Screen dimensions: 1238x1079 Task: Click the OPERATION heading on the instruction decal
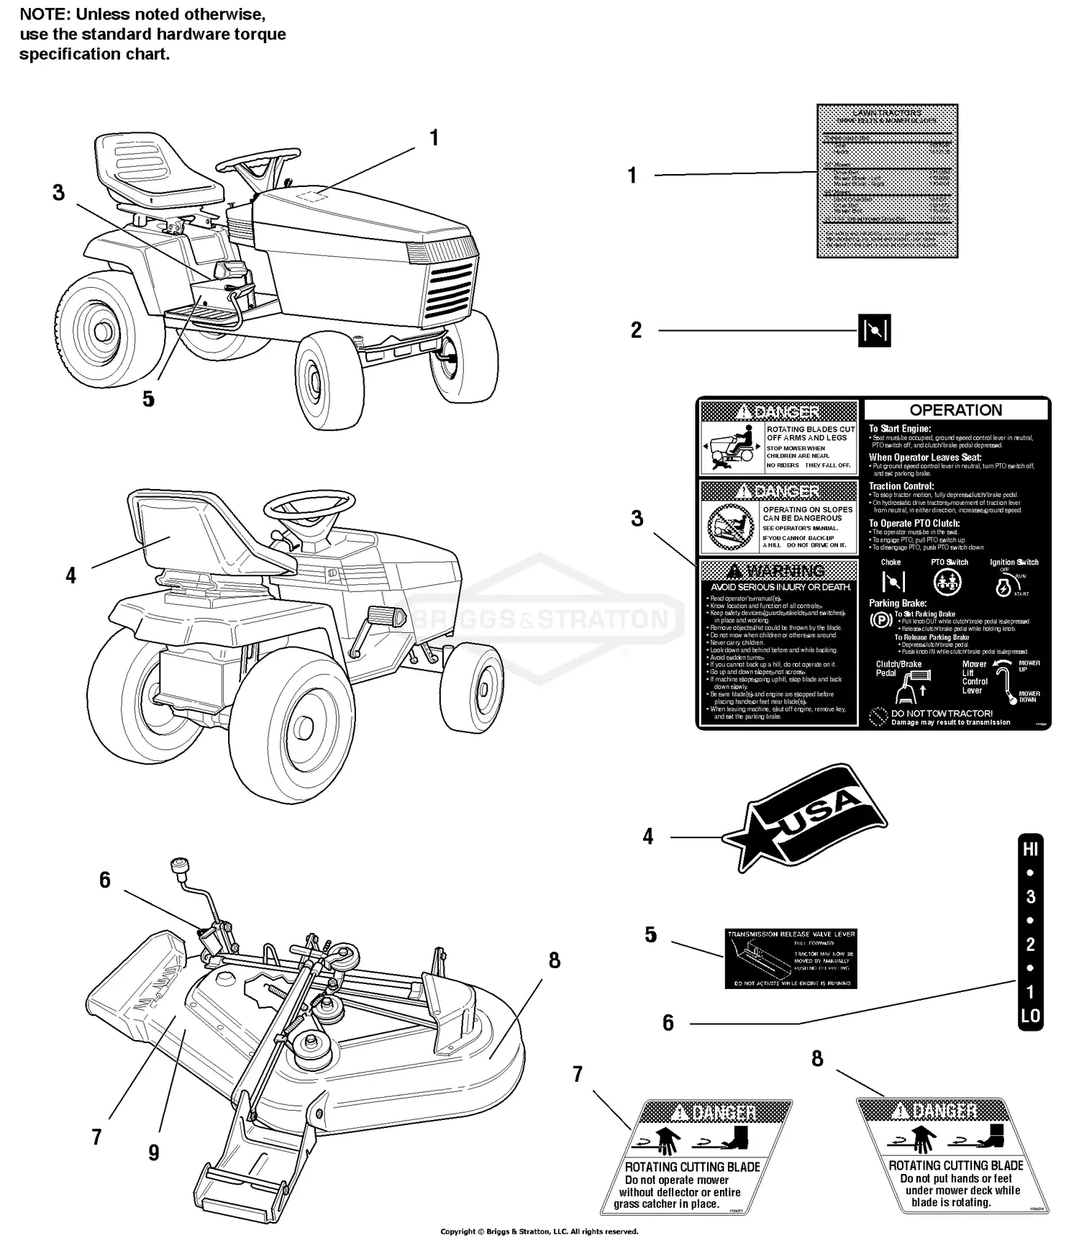pyautogui.click(x=955, y=410)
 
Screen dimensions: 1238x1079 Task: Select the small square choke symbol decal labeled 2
pyautogui.click(x=875, y=331)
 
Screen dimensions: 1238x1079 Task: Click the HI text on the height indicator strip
pyautogui.click(x=1030, y=849)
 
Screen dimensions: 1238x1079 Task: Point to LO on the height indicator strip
pyautogui.click(x=1030, y=1016)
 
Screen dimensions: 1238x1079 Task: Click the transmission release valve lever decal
pyautogui.click(x=791, y=958)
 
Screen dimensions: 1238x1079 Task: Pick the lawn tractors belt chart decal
pyautogui.click(x=887, y=181)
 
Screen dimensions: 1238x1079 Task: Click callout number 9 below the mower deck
pyautogui.click(x=153, y=1152)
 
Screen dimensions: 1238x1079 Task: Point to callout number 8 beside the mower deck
pyautogui.click(x=554, y=960)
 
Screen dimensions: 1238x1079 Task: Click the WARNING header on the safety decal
pyautogui.click(x=777, y=571)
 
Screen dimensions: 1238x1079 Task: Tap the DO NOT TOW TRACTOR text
pyautogui.click(x=941, y=714)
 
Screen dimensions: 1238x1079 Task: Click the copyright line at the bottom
pyautogui.click(x=539, y=1232)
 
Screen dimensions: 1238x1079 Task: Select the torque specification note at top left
pyautogui.click(x=152, y=34)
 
